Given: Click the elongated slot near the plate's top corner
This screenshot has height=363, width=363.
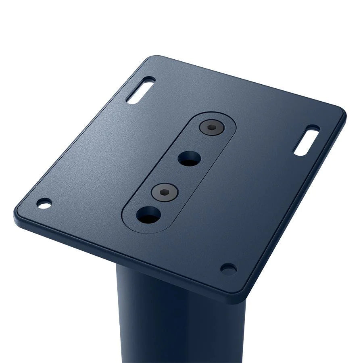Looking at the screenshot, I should [140, 90].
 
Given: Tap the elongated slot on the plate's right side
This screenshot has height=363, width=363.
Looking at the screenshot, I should [307, 140].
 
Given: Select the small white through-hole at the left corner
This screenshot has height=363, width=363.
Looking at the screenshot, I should [44, 203].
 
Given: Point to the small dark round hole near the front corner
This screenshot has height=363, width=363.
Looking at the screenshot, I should [228, 269].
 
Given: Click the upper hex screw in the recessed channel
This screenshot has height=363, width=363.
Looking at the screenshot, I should [211, 127].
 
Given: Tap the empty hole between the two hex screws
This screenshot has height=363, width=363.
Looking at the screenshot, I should [189, 158].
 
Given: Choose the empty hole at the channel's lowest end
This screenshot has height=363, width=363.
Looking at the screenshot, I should [148, 215].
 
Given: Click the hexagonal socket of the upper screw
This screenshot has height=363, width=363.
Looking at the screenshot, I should [211, 127].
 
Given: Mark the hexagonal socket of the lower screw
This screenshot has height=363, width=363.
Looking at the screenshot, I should [165, 192].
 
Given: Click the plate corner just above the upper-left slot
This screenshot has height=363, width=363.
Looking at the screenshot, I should [155, 58].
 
